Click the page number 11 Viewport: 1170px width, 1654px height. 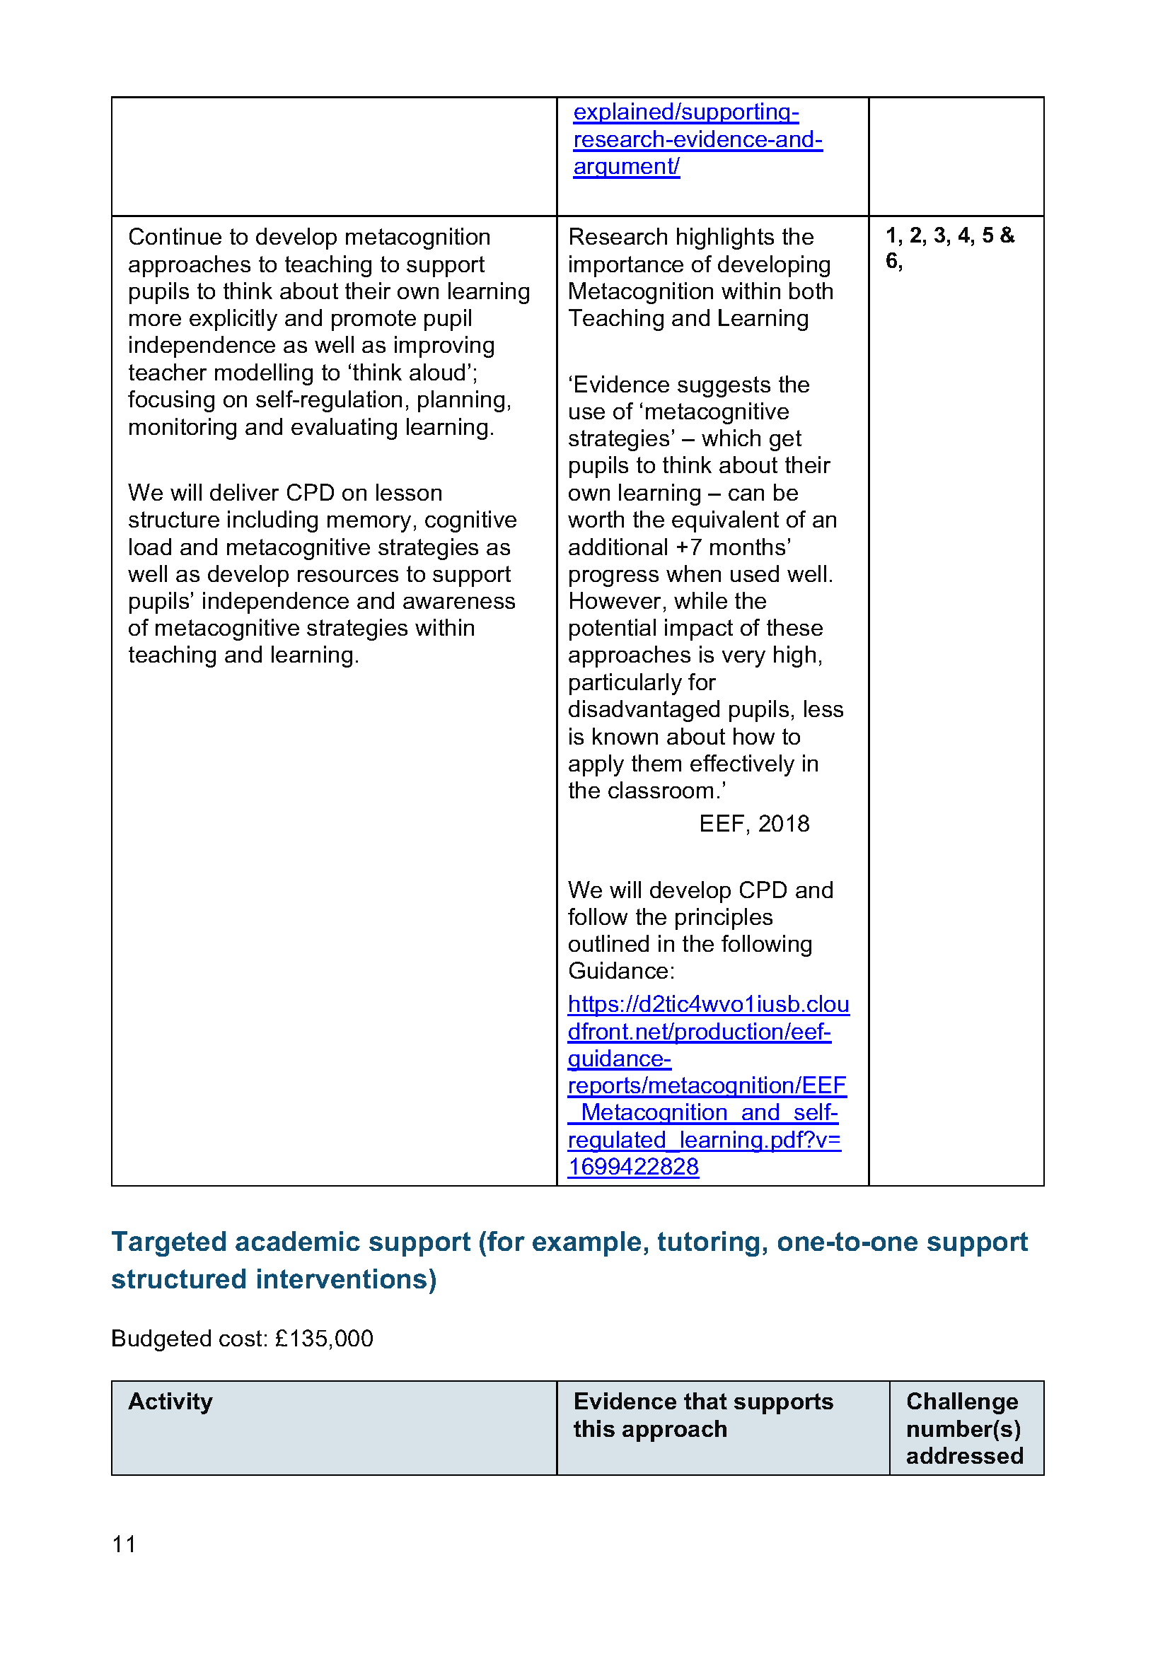124,1544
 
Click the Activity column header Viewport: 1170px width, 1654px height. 170,1401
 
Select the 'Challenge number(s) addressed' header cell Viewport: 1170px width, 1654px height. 965,1428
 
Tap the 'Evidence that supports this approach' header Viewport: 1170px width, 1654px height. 703,1415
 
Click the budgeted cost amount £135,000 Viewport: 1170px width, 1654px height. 324,1339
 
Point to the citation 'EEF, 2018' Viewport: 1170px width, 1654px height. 753,823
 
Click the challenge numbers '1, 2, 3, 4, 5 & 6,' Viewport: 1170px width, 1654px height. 949,247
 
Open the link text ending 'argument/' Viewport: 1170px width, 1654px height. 626,166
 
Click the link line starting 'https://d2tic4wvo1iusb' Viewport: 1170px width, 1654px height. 708,1004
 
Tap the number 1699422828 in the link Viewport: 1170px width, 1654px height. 632,1166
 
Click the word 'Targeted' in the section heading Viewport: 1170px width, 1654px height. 168,1242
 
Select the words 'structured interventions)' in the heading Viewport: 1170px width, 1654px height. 274,1279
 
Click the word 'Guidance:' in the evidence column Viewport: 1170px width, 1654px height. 621,971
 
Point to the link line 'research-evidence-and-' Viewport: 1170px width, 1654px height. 697,139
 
